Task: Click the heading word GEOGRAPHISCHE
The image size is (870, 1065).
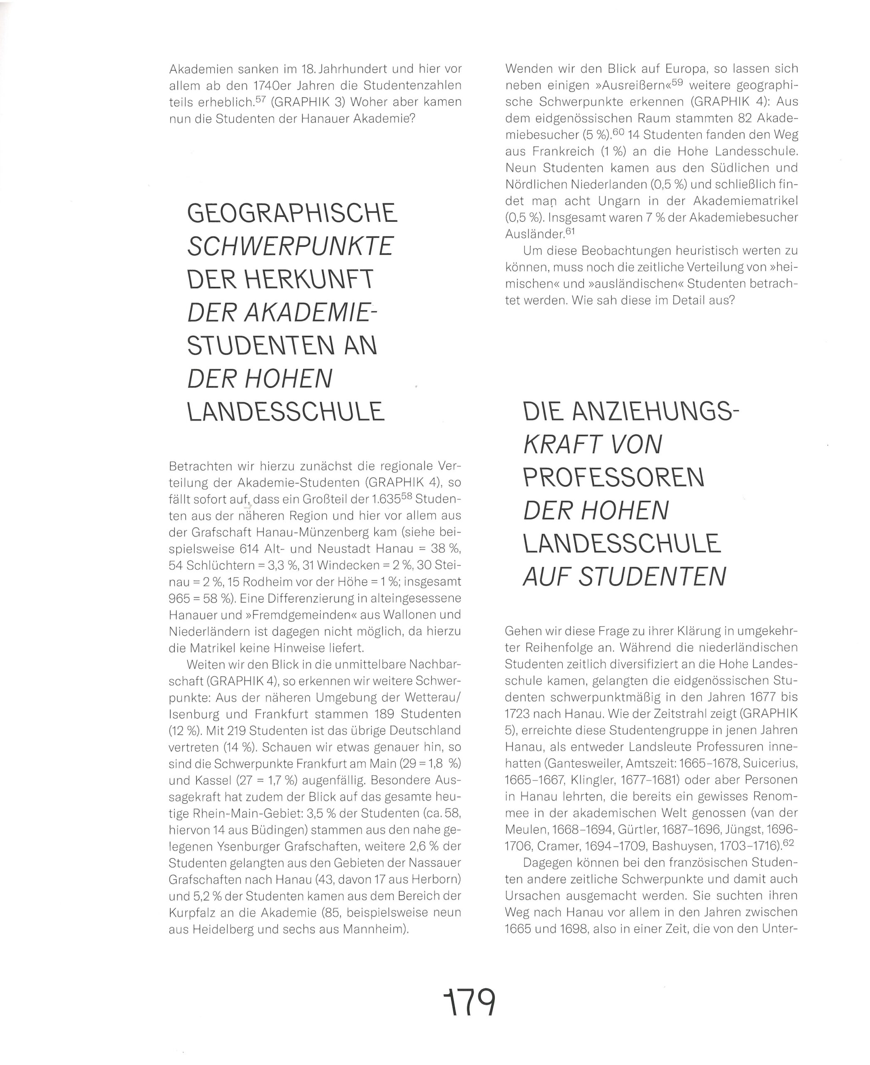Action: click(x=292, y=213)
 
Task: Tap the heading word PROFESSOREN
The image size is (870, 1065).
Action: click(x=614, y=478)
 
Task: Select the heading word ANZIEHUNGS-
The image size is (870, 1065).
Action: click(x=656, y=412)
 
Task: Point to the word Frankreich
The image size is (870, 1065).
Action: click(x=539, y=151)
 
